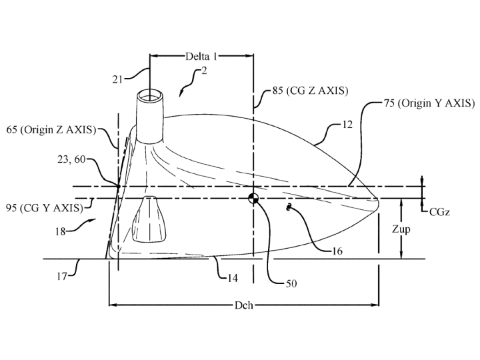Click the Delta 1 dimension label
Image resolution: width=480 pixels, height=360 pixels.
pyautogui.click(x=201, y=56)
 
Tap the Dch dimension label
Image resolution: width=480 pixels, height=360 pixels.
pyautogui.click(x=244, y=305)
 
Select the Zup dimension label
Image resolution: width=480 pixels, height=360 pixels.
pyautogui.click(x=401, y=229)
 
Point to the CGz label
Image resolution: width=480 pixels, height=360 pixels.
pyautogui.click(x=439, y=212)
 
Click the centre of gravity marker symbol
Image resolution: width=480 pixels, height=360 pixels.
pyautogui.click(x=253, y=199)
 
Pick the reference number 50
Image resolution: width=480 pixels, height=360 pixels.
pyautogui.click(x=291, y=284)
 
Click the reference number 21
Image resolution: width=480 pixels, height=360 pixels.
pyautogui.click(x=117, y=79)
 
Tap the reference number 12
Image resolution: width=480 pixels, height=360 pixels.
pyautogui.click(x=347, y=124)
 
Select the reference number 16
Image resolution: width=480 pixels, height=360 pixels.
pyautogui.click(x=337, y=251)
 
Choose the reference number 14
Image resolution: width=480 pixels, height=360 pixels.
pyautogui.click(x=233, y=278)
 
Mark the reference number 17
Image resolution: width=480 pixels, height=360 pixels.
pyautogui.click(x=62, y=277)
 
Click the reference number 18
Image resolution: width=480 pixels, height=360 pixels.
pyautogui.click(x=60, y=231)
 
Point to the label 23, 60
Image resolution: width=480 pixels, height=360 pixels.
pyautogui.click(x=71, y=159)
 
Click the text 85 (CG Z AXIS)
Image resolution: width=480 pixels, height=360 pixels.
pyautogui.click(x=310, y=91)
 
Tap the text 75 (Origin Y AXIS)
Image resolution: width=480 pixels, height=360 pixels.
pyautogui.click(x=429, y=103)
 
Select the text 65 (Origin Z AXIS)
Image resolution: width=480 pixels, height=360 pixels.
pyautogui.click(x=51, y=130)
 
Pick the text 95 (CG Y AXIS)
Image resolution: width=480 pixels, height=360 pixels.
pyautogui.click(x=45, y=208)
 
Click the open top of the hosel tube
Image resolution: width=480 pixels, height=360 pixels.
pyautogui.click(x=150, y=96)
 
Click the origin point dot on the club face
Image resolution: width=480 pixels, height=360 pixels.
pyautogui.click(x=119, y=186)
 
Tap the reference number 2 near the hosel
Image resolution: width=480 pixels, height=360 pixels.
pyautogui.click(x=204, y=71)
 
